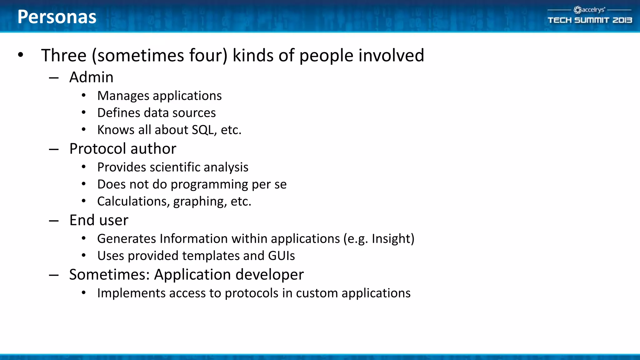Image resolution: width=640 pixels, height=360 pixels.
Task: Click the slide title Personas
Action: [57, 17]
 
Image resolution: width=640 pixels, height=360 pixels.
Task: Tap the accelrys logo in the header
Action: [589, 10]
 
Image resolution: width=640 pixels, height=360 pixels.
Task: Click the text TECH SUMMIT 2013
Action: [590, 20]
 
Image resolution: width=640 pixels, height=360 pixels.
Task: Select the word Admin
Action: [91, 77]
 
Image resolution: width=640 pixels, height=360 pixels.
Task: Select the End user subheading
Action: [99, 220]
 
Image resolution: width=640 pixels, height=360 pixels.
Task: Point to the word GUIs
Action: [281, 256]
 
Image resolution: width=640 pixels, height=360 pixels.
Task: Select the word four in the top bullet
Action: [208, 56]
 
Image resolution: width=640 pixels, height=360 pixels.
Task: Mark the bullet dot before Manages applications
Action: [84, 96]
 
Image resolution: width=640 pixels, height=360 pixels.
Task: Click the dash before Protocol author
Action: [54, 149]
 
